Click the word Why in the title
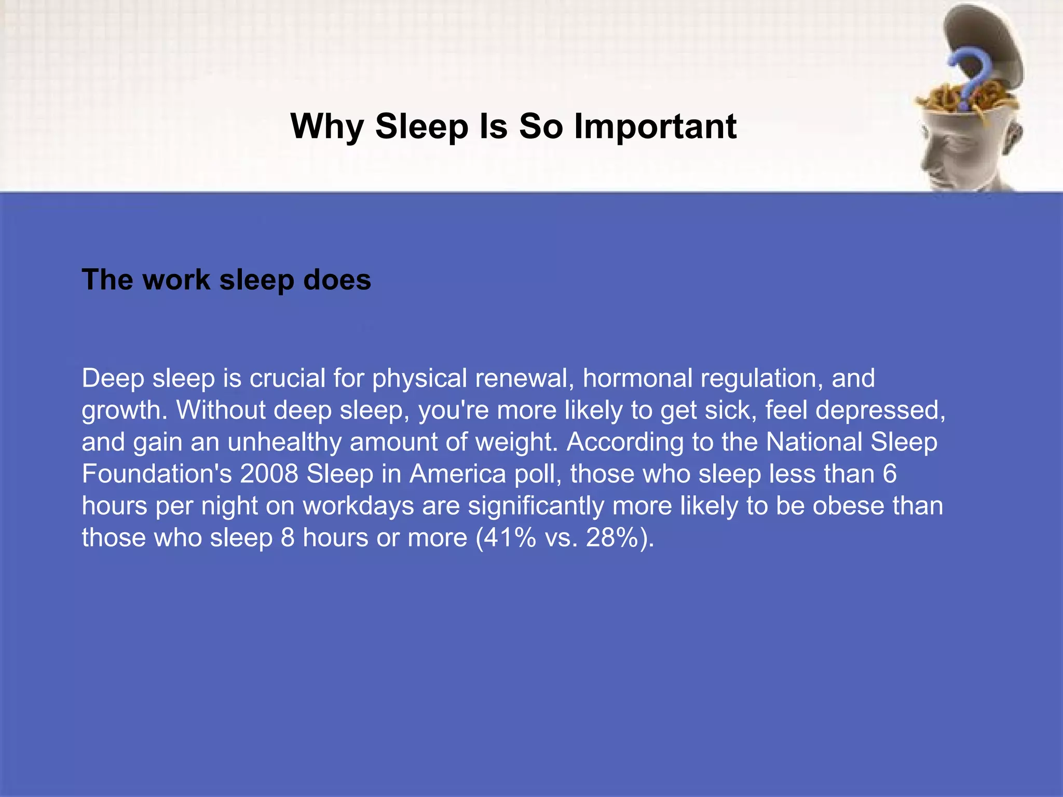click(x=327, y=127)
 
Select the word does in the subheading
click(x=337, y=280)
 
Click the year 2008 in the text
click(x=269, y=474)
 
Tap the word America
click(x=457, y=474)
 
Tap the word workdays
click(x=358, y=506)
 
